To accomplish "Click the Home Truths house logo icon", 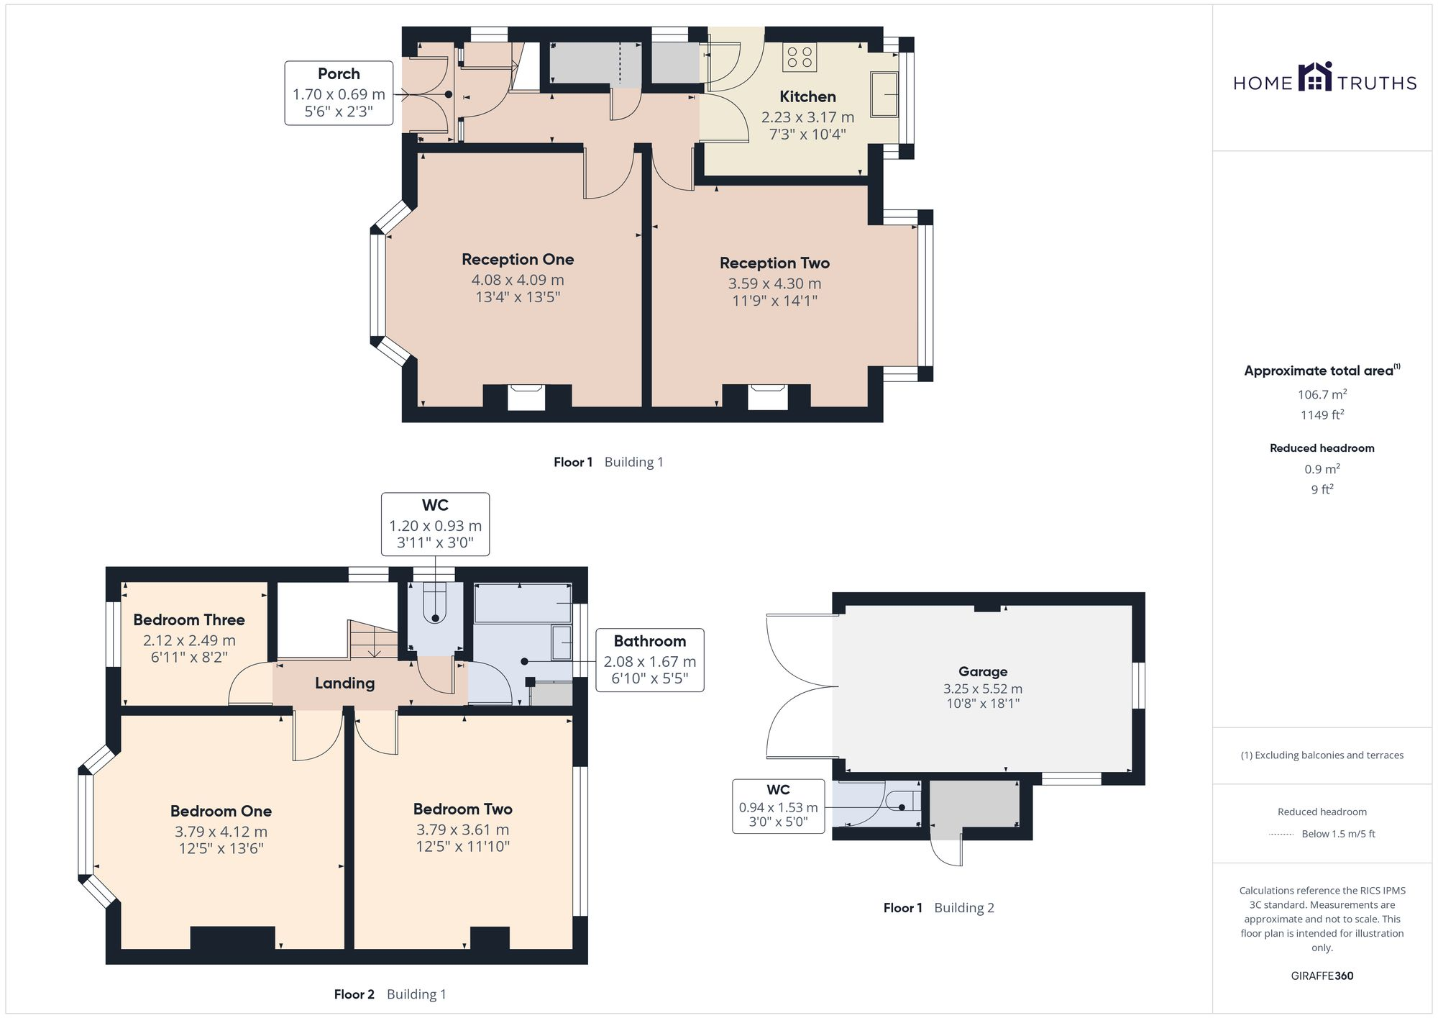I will pos(1315,77).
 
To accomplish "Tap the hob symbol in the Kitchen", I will pos(800,58).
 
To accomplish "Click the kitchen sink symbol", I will pos(884,94).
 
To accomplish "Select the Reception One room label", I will pos(518,259).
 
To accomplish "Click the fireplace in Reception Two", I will pos(767,397).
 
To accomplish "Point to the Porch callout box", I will pos(339,93).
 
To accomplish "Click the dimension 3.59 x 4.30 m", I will pos(774,283).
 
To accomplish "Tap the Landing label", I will pos(344,683).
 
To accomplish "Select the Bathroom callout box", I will pos(649,660).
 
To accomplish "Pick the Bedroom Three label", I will pos(189,619).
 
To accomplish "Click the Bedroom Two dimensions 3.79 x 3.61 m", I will pos(462,830).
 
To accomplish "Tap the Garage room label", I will pos(982,671).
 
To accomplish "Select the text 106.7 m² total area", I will pos(1322,394).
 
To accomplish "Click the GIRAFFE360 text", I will pos(1322,976).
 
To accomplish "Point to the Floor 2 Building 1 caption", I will pos(390,994).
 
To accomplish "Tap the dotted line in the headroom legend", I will pos(1281,835).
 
